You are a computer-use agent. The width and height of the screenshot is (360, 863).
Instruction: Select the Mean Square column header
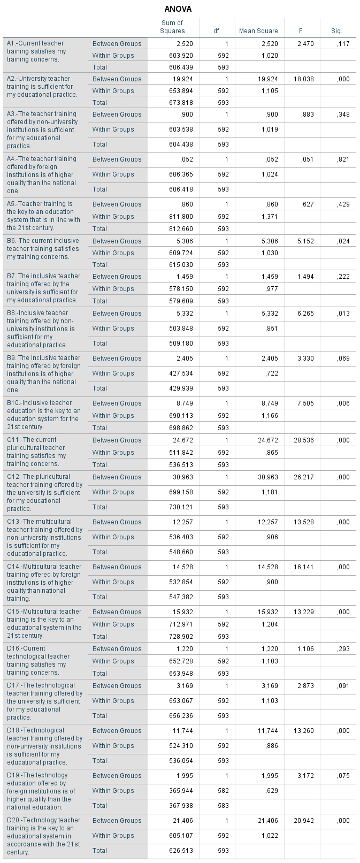click(258, 31)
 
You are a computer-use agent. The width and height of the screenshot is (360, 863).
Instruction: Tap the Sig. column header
click(336, 31)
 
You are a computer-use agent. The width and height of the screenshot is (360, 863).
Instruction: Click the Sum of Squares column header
click(172, 27)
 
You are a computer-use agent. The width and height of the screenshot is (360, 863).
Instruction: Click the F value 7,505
click(305, 403)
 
